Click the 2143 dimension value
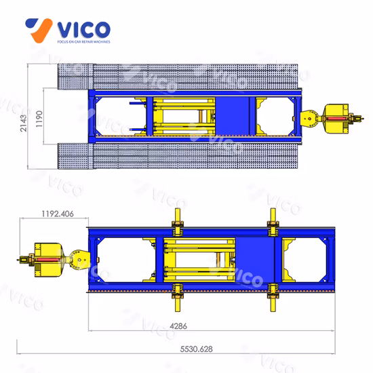tap(23, 123)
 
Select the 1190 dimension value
tap(39, 119)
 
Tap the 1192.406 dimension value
tap(58, 214)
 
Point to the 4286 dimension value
tap(178, 326)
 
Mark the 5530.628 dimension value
tap(196, 349)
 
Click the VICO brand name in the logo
tap(83, 29)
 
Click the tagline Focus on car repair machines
tap(83, 42)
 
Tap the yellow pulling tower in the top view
tap(332, 119)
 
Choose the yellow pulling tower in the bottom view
tap(54, 260)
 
